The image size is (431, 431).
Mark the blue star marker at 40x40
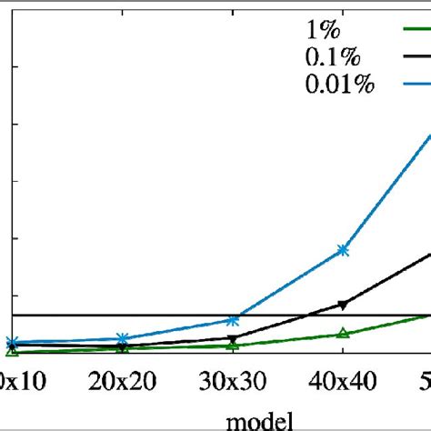click(x=343, y=249)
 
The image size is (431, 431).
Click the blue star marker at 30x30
click(x=233, y=320)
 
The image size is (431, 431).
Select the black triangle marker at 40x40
click(x=343, y=304)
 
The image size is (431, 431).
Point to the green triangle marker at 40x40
click(x=343, y=334)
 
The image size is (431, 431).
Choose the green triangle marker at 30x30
click(x=233, y=346)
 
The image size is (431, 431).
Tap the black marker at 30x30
click(x=233, y=338)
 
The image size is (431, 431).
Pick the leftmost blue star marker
click(x=12, y=343)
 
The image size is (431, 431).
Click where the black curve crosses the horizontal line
click(x=309, y=316)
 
